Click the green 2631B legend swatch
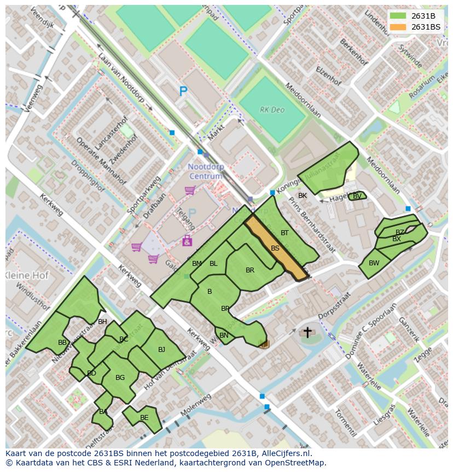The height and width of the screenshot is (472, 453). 398,16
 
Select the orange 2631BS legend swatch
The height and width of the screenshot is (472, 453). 398,27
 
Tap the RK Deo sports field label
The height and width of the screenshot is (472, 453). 272,110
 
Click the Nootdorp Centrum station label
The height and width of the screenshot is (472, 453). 206,172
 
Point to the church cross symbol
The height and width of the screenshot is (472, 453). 307,332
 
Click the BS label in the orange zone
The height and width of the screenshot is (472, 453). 275,248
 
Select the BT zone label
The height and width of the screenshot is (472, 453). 284,233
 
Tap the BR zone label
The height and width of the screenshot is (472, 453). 250,270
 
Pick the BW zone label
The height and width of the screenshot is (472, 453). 374,263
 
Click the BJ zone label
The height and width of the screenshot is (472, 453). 161,350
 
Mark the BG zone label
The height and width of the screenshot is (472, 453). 120,378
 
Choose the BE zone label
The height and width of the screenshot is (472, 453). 144,418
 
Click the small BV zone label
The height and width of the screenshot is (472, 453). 357,196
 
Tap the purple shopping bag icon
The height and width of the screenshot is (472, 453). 187,240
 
